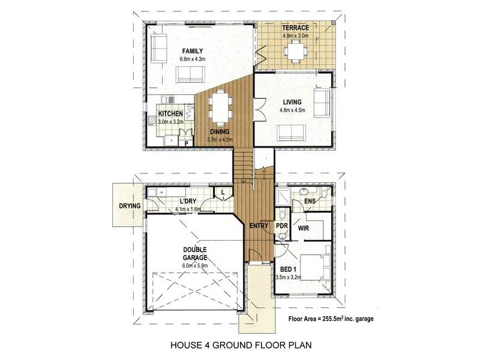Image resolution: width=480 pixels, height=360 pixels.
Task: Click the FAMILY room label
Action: click(192, 51)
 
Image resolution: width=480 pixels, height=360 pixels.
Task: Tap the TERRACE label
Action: click(295, 28)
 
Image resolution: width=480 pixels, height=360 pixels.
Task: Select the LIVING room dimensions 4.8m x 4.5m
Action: click(294, 110)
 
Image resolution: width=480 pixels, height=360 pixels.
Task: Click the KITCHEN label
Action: click(170, 114)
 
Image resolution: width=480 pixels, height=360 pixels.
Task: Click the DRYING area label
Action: click(129, 206)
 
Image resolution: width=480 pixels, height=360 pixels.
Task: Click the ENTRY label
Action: click(259, 226)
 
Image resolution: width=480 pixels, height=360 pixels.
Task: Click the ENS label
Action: click(310, 201)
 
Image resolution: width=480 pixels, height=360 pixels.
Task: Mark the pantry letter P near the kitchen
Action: click(187, 143)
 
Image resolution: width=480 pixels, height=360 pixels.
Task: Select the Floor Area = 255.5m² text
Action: click(331, 319)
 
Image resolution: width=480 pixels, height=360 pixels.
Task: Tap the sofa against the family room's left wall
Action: click(158, 48)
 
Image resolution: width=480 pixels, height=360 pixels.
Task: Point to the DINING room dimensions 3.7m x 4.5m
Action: click(219, 140)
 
